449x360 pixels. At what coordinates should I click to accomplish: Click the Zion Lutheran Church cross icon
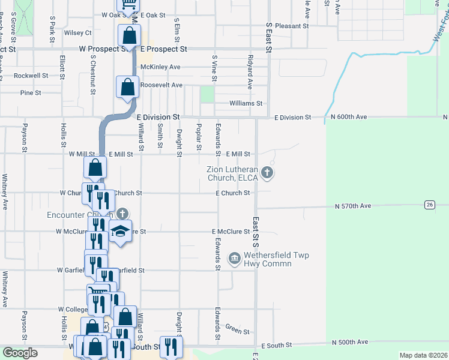268,174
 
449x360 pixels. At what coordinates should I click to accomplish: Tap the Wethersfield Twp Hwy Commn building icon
234,259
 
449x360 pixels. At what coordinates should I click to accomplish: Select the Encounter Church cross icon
122,214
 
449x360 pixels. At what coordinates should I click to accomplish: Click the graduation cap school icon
120,233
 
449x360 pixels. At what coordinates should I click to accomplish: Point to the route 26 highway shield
429,205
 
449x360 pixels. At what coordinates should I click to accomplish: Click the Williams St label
246,103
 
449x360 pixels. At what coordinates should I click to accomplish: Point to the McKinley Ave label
160,67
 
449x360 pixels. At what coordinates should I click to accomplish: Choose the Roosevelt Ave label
161,85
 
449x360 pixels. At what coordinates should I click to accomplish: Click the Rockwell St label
31,76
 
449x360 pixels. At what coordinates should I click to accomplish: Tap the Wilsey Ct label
77,32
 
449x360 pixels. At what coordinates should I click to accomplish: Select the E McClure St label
231,232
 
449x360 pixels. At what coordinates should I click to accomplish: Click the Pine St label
31,93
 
